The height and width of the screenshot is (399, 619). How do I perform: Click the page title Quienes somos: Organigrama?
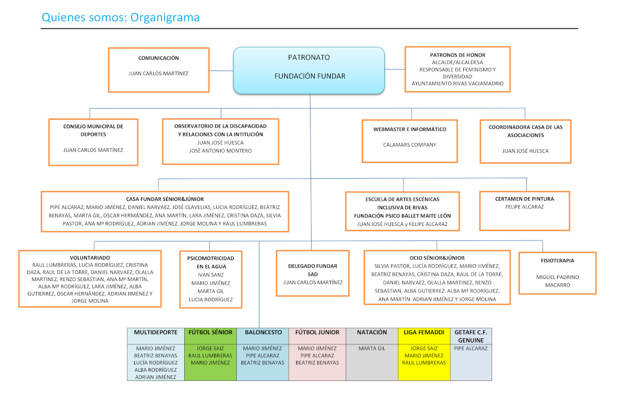coord(121,18)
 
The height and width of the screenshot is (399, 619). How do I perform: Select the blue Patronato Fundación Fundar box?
coord(309,71)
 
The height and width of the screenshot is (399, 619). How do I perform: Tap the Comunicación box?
coord(159,70)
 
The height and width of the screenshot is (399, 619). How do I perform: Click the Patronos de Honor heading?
coord(458,55)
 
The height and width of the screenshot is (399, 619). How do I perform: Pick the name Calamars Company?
coord(410,145)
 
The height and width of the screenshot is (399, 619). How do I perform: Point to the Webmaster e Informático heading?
coord(410,129)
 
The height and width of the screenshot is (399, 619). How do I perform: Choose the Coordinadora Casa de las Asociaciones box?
coord(525,142)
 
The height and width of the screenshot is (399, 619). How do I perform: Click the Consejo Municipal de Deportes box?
coord(93,142)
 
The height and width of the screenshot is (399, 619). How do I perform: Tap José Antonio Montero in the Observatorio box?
coord(220,151)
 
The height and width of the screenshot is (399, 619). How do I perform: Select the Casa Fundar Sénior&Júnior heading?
coord(165,199)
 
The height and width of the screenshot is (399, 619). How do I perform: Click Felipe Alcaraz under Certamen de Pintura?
coord(525,207)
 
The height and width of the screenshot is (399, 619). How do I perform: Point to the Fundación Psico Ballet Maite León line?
coord(402,216)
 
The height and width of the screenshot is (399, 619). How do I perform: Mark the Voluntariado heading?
coord(90,258)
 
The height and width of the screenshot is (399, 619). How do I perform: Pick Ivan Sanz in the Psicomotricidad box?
coord(210,275)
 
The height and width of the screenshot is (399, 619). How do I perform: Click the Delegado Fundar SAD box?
coord(313,273)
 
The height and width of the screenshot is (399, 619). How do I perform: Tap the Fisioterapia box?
coord(558,273)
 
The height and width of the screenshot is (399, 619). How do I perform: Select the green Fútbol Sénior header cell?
coord(210,336)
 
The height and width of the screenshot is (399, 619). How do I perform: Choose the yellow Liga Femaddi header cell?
coord(424,336)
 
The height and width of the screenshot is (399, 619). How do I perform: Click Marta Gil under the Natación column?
coord(372,349)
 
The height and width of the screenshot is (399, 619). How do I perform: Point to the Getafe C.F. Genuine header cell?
coord(471,336)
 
